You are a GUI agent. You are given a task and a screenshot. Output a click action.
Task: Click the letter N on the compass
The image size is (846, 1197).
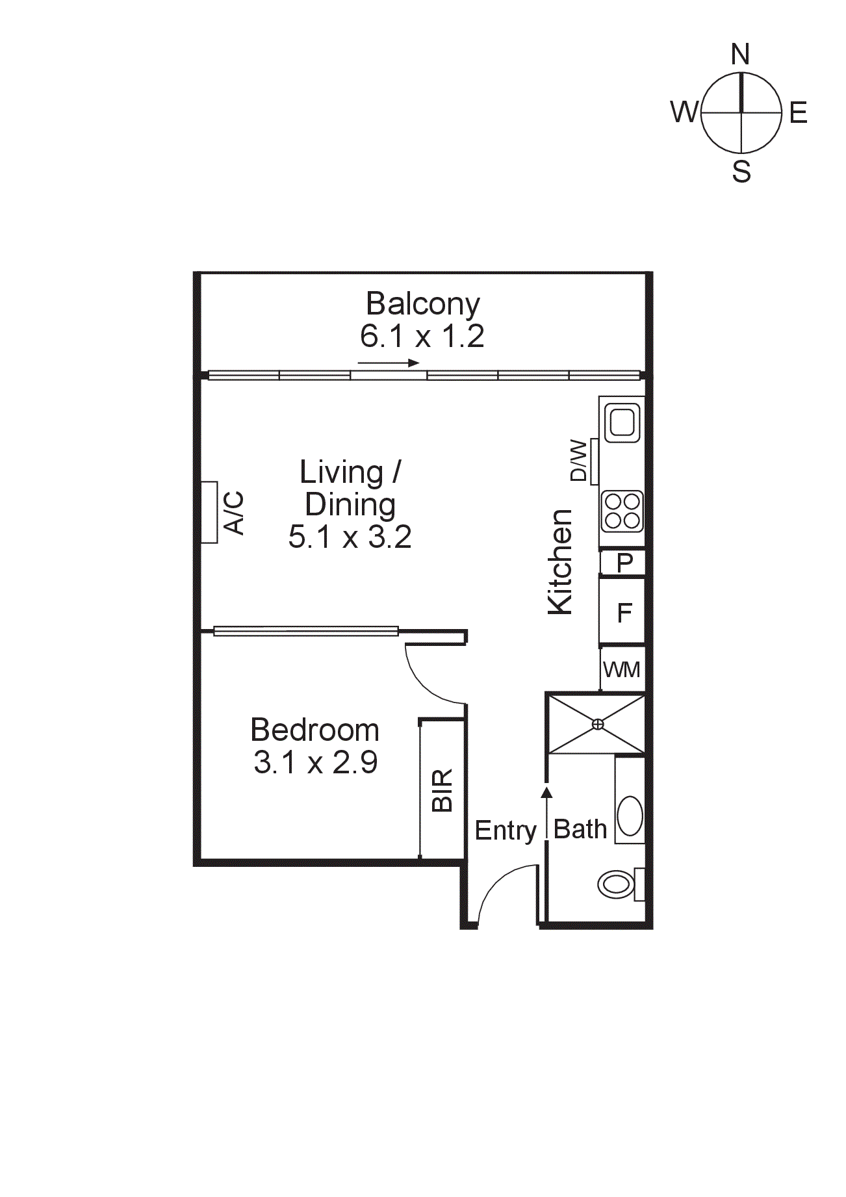[740, 55]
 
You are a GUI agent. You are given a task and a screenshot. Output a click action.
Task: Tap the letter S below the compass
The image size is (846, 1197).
[741, 172]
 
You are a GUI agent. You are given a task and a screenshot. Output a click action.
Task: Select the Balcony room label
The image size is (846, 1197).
[422, 303]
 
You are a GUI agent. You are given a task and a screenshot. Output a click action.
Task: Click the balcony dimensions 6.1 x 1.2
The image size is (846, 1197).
[422, 336]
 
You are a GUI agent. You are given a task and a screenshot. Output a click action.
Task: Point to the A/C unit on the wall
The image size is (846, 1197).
[209, 512]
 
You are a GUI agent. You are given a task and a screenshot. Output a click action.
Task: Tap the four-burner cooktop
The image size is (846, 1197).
[622, 511]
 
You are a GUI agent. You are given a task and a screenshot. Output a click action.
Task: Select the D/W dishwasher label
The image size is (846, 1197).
[578, 461]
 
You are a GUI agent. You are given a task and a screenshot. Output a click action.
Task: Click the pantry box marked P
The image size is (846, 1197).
[624, 562]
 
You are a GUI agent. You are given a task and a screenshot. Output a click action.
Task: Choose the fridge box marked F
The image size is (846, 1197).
[624, 612]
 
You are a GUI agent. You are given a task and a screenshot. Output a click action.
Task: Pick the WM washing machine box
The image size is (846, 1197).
[622, 669]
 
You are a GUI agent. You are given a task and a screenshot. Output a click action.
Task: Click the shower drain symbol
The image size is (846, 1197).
[598, 724]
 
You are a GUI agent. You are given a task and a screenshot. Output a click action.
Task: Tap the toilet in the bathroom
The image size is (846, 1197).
[617, 884]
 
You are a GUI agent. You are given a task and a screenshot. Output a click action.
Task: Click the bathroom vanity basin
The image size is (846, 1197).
[629, 816]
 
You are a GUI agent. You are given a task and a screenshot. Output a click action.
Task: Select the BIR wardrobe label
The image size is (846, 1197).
[442, 790]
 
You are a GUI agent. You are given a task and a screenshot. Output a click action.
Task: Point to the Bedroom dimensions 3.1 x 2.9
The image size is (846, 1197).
[315, 762]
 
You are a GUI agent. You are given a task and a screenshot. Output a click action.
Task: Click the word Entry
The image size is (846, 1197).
[506, 830]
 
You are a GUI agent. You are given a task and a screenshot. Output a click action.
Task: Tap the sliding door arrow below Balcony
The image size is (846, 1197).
[389, 363]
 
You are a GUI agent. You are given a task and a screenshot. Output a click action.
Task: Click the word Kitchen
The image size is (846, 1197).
[560, 562]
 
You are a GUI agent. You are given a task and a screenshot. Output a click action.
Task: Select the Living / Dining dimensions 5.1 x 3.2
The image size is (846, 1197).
[350, 537]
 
